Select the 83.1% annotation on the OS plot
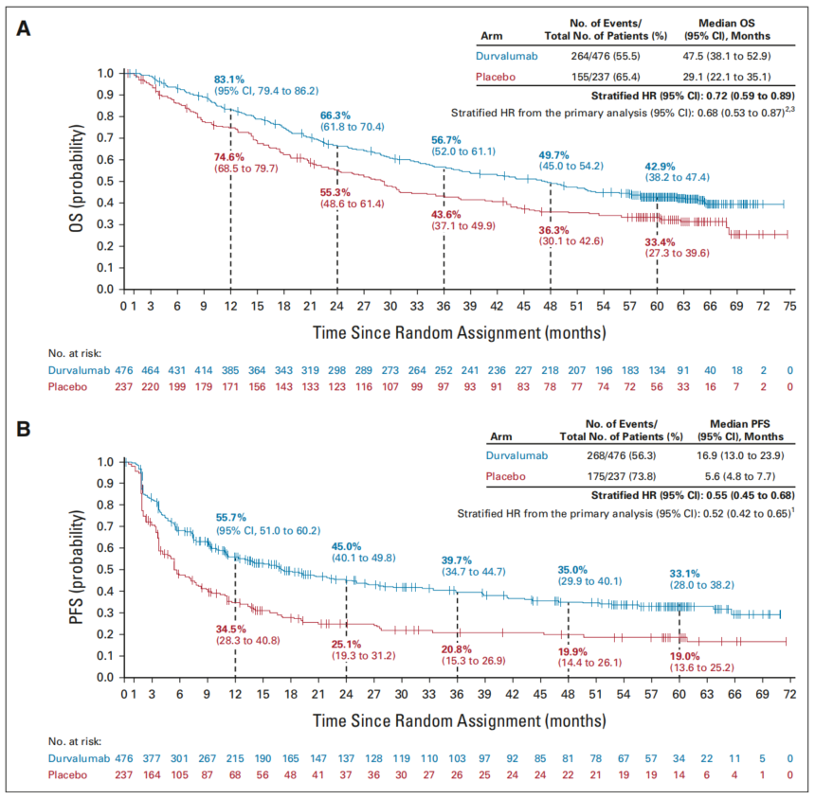[232, 80]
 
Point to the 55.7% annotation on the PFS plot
[230, 518]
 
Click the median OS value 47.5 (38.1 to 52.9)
[728, 56]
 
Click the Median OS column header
[728, 27]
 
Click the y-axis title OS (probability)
[87, 180]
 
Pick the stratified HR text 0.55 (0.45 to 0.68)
[742, 494]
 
